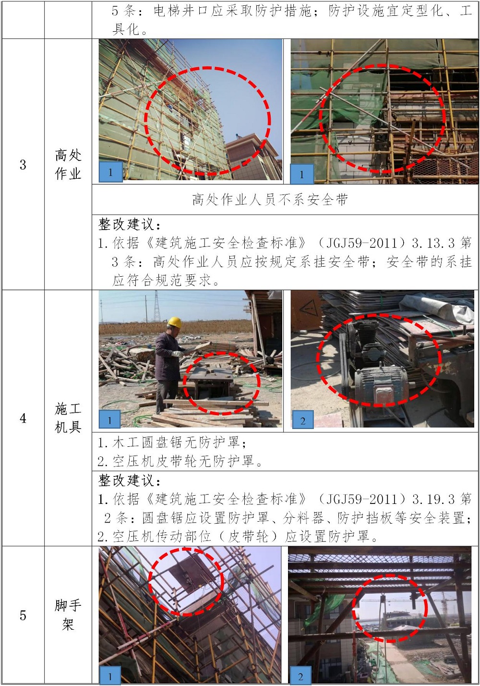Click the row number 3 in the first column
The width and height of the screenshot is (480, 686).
coord(23,165)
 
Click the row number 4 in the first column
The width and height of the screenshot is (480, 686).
coord(23,418)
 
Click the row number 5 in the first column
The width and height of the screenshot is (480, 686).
coord(23,615)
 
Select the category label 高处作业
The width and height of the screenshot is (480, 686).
coord(68,164)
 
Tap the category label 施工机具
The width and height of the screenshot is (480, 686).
coord(68,418)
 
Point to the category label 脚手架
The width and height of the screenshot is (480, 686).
coord(68,615)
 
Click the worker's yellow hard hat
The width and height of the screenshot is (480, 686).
coord(174,322)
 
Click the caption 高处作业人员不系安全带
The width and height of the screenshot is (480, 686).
coord(270,200)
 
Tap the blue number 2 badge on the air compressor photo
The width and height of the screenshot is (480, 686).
coord(303,420)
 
